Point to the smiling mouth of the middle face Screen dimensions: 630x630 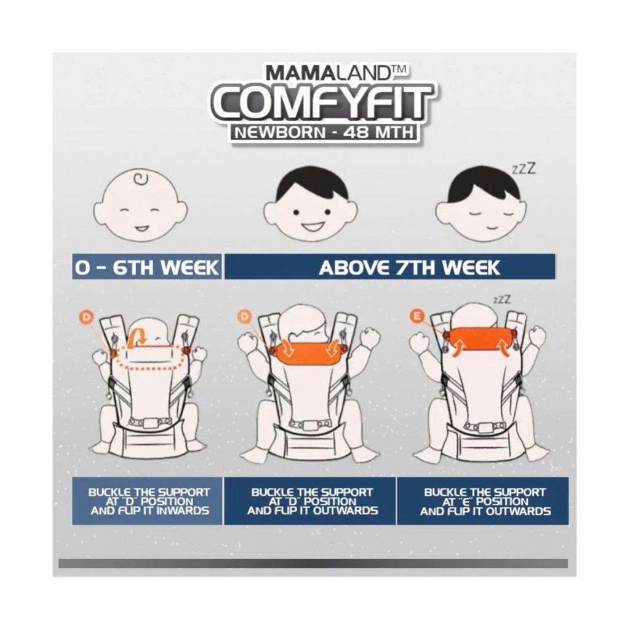tap(311, 225)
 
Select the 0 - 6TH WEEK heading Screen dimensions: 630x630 tap(147, 267)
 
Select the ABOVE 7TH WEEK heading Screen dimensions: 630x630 tap(409, 267)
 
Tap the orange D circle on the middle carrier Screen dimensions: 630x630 tap(244, 317)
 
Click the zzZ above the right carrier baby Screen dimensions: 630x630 tap(502, 300)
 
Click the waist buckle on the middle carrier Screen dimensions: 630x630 tap(309, 425)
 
